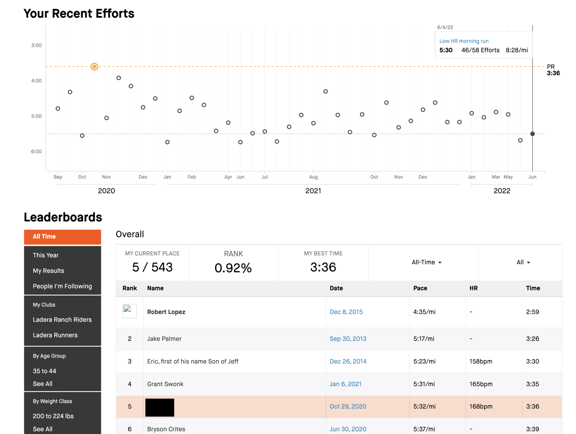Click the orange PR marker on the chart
pos(94,67)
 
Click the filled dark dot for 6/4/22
pos(532,134)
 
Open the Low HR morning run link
pos(464,41)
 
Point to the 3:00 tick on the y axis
pos(36,45)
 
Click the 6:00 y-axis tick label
pos(36,151)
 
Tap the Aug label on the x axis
pos(313,177)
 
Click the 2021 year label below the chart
pos(313,191)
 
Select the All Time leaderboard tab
pos(62,237)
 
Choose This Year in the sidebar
pos(46,255)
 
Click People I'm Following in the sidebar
pos(62,286)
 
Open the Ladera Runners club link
pos(55,335)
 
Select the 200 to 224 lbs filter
pos(53,416)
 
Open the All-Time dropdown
pos(426,262)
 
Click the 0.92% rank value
pos(233,268)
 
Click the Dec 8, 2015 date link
pos(346,312)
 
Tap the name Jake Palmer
pos(164,339)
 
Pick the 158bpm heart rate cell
pos(481,361)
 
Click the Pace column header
pos(420,288)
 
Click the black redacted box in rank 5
pos(159,407)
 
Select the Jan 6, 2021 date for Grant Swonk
pos(345,384)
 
